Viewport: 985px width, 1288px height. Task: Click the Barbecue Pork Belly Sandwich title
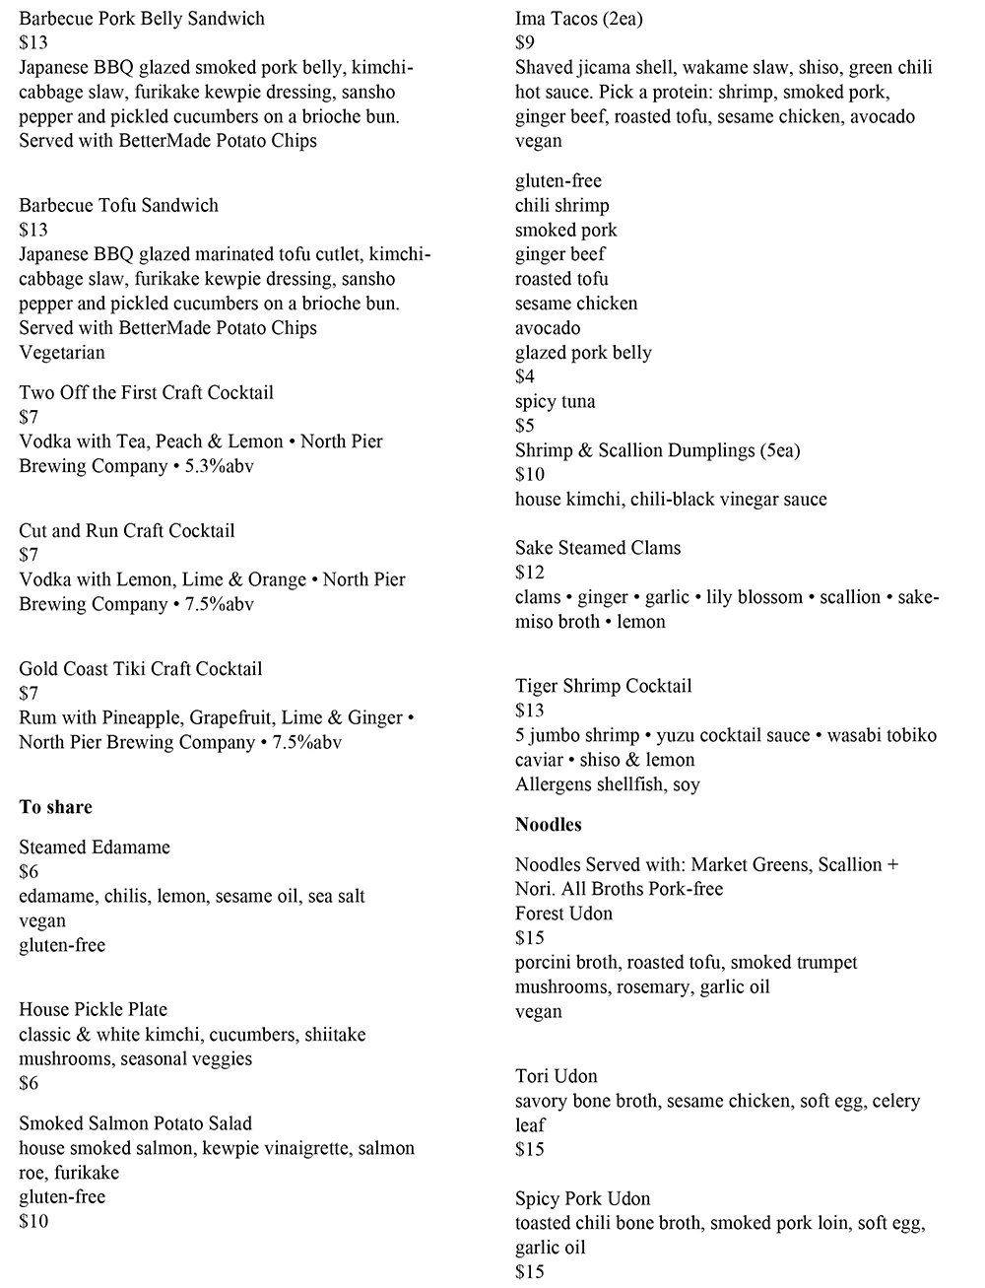coord(142,18)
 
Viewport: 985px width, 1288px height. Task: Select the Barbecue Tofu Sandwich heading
coord(118,205)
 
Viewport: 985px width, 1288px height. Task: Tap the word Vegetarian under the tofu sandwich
coord(61,352)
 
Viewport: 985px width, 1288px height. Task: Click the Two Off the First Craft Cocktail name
coord(146,392)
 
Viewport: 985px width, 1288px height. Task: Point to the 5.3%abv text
coord(219,466)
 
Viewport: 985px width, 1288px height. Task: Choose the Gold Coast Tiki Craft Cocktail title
coord(140,668)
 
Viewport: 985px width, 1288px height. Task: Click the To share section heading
coord(55,807)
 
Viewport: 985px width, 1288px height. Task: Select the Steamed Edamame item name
coord(95,847)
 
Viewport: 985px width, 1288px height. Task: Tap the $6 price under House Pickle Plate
coord(29,1083)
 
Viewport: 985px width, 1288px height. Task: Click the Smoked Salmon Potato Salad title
coord(135,1123)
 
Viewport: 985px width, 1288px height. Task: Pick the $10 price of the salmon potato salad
coord(33,1221)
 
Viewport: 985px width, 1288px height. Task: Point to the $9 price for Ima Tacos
coord(525,42)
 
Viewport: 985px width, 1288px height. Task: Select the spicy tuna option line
coord(555,401)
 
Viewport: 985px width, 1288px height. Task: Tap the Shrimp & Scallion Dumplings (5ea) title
coord(657,450)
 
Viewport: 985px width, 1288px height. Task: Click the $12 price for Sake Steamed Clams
coord(529,573)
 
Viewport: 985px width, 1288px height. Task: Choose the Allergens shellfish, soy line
coord(607,784)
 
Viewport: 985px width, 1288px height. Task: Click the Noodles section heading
coord(548,825)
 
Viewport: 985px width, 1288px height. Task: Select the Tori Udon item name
coord(556,1076)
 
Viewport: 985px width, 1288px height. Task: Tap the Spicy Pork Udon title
coord(582,1198)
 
